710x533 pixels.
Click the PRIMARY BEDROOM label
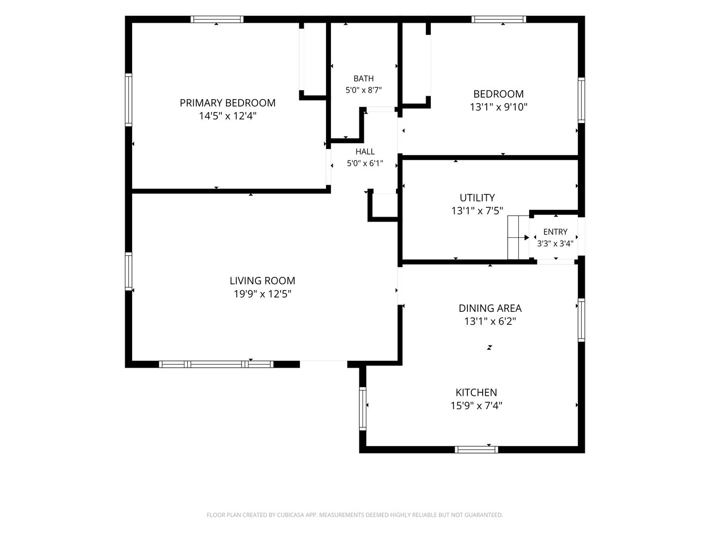(x=227, y=103)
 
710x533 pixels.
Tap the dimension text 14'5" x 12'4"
(x=227, y=116)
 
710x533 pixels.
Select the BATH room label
(x=363, y=78)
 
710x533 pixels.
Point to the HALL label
(x=365, y=152)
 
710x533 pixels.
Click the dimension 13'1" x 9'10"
(x=498, y=107)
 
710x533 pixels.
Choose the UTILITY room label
(x=477, y=197)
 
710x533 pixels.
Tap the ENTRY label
(x=555, y=232)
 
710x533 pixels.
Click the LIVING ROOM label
(x=262, y=281)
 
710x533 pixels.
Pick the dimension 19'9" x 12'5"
(x=262, y=294)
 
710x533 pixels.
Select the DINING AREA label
(x=490, y=308)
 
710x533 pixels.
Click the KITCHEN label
(x=476, y=392)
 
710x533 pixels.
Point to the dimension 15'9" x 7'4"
(x=476, y=406)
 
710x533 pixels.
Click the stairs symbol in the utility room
(x=518, y=237)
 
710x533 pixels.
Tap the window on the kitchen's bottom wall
(x=476, y=450)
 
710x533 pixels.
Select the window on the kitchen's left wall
(x=362, y=409)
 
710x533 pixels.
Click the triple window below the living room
(x=216, y=364)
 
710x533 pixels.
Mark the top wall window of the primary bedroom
(x=217, y=19)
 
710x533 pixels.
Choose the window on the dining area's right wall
(x=581, y=320)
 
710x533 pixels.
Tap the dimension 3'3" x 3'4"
(x=555, y=243)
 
